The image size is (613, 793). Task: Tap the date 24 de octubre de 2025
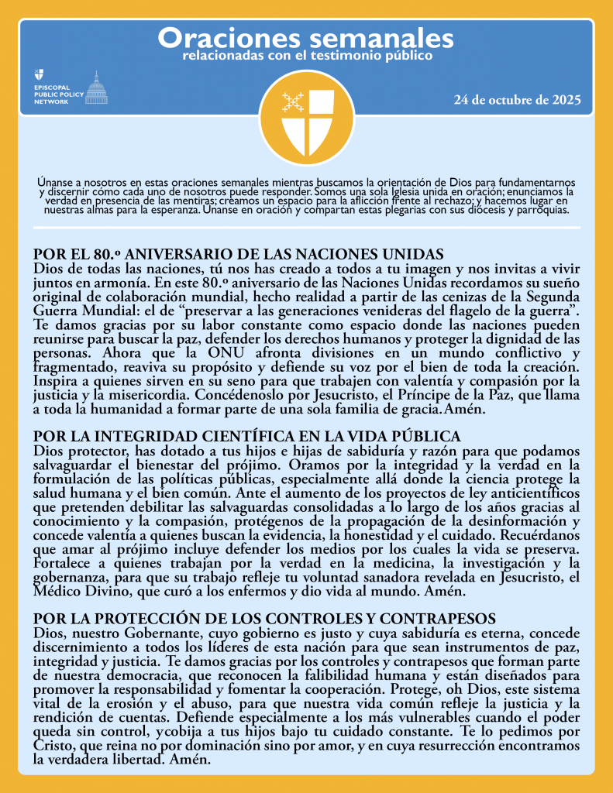click(x=517, y=101)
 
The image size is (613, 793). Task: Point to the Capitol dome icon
click(x=96, y=88)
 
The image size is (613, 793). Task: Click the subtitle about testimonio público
click(x=306, y=56)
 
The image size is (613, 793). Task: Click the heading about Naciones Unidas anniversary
click(x=238, y=254)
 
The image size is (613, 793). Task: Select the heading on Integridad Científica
click(x=246, y=437)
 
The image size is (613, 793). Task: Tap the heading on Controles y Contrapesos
click(x=264, y=619)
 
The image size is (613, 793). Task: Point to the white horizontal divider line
click(x=306, y=228)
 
